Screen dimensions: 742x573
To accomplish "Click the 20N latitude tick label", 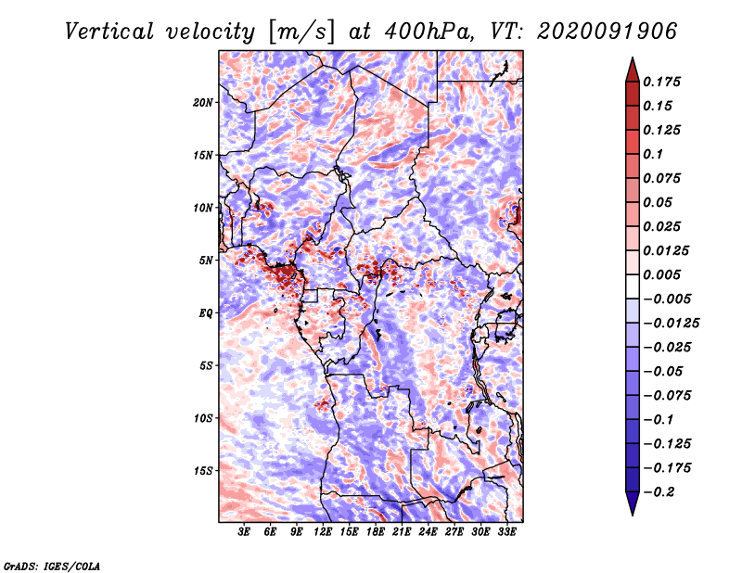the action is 203,103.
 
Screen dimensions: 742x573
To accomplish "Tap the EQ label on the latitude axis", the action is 206,313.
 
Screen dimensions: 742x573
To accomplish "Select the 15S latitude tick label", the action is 203,471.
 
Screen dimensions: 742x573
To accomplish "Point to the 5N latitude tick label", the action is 206,261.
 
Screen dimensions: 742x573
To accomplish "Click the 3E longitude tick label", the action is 244,532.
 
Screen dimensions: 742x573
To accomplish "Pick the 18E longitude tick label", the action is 376,532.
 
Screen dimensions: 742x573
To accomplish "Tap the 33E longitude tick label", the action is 506,532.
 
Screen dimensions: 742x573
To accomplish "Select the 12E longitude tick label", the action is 323,532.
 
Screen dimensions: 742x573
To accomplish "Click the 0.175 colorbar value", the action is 661,82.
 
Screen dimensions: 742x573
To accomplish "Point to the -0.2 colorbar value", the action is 659,492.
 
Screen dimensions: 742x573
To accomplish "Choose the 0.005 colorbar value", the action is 661,274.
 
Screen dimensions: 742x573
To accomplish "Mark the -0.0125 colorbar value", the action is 671,324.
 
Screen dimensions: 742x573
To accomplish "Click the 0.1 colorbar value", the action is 653,154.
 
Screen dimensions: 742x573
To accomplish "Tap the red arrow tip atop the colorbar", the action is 633,58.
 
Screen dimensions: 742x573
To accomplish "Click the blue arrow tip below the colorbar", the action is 633,514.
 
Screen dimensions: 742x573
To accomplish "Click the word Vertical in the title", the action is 109,32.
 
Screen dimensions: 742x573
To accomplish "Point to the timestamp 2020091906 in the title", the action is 608,32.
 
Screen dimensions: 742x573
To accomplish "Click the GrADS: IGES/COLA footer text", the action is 52,566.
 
